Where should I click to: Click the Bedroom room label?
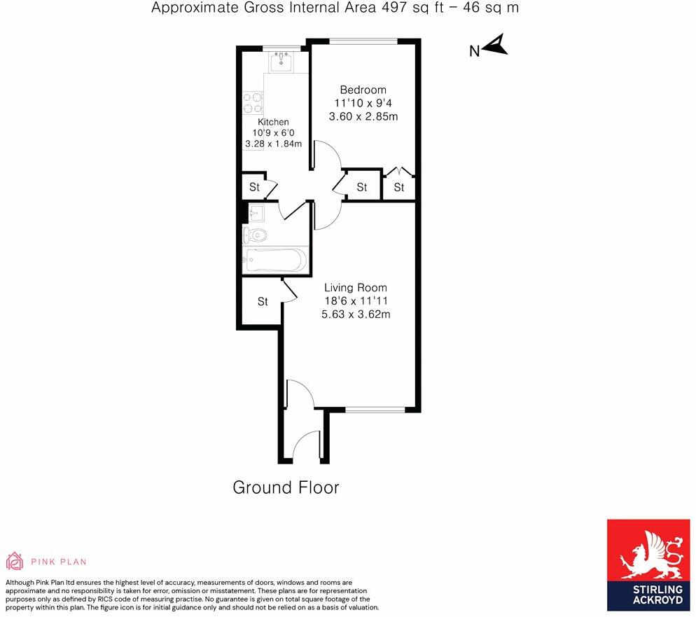pos(363,90)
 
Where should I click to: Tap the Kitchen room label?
pos(273,122)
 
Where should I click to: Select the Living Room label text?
pos(356,288)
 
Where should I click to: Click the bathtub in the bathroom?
pos(276,260)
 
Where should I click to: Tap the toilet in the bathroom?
pos(255,235)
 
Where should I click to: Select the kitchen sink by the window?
pos(281,62)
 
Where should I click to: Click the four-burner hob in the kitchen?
pos(253,102)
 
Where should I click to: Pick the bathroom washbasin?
pos(256,213)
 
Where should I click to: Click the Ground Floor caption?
pos(286,487)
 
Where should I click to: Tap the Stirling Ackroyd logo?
pos(648,565)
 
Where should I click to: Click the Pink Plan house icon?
pos(14,561)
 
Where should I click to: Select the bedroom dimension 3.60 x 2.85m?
pos(363,117)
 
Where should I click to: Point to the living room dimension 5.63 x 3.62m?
pos(356,314)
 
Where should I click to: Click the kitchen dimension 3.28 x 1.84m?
pos(273,144)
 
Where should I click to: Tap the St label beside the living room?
pos(263,302)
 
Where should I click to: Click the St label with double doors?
pos(399,187)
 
